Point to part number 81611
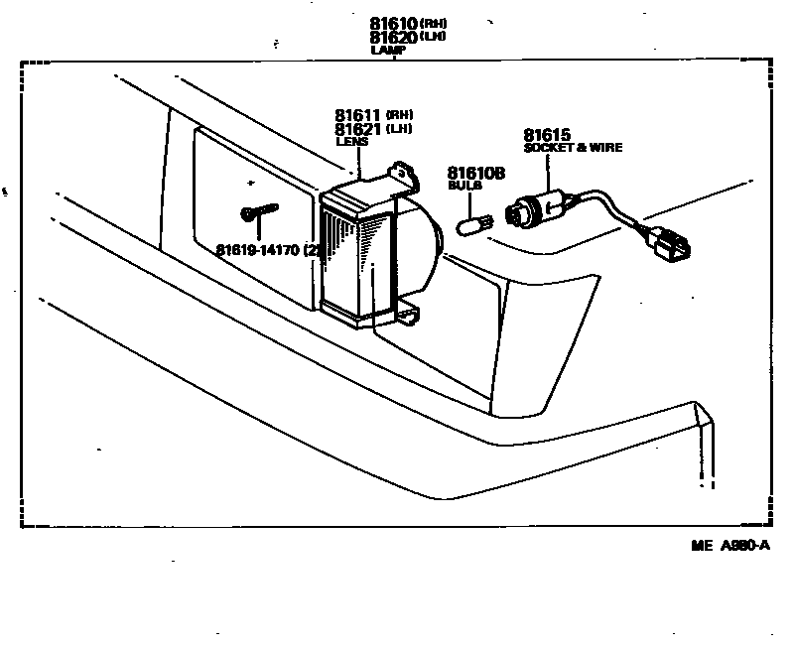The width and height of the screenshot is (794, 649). click(x=358, y=116)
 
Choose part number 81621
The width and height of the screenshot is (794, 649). click(x=358, y=130)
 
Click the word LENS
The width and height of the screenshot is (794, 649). click(x=350, y=142)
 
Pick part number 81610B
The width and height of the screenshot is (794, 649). click(x=476, y=173)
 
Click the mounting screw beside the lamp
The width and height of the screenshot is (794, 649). click(x=258, y=211)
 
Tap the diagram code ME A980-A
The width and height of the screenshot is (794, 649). click(x=731, y=545)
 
